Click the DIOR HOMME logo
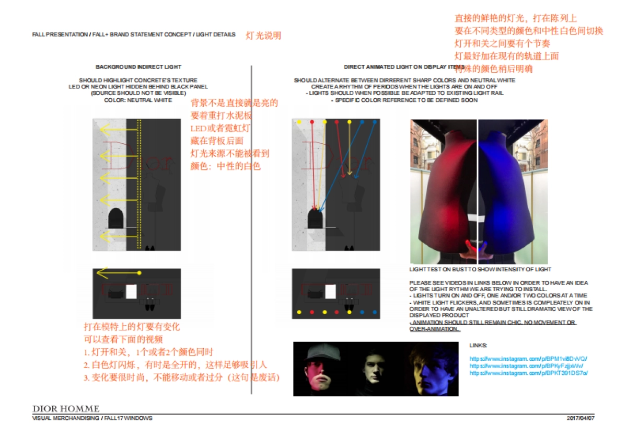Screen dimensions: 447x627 66,408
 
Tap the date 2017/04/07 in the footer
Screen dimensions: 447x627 580,418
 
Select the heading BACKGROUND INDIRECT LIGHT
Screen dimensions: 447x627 138,67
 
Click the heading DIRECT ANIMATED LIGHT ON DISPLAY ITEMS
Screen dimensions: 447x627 404,67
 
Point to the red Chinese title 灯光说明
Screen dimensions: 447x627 263,36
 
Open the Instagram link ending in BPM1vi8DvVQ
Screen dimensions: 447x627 528,359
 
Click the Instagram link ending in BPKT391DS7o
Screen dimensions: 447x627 529,373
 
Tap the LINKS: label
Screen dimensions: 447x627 479,346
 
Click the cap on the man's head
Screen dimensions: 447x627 319,354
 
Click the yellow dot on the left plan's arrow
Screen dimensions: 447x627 139,273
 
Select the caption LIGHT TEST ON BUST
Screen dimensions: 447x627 480,270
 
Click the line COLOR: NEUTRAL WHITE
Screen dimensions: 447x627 138,100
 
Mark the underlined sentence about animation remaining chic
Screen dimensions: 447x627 493,326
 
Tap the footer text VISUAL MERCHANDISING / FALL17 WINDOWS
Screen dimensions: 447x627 92,418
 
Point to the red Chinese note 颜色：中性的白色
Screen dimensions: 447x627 226,166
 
